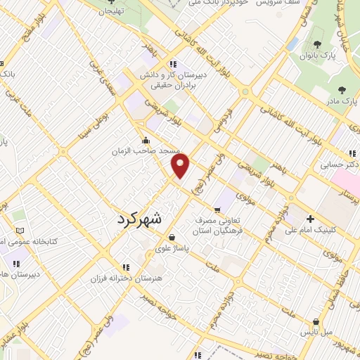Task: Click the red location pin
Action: point(181,167)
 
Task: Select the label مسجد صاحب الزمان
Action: point(148,151)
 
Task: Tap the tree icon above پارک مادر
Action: point(342,90)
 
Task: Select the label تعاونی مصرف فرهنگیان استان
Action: point(219,225)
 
